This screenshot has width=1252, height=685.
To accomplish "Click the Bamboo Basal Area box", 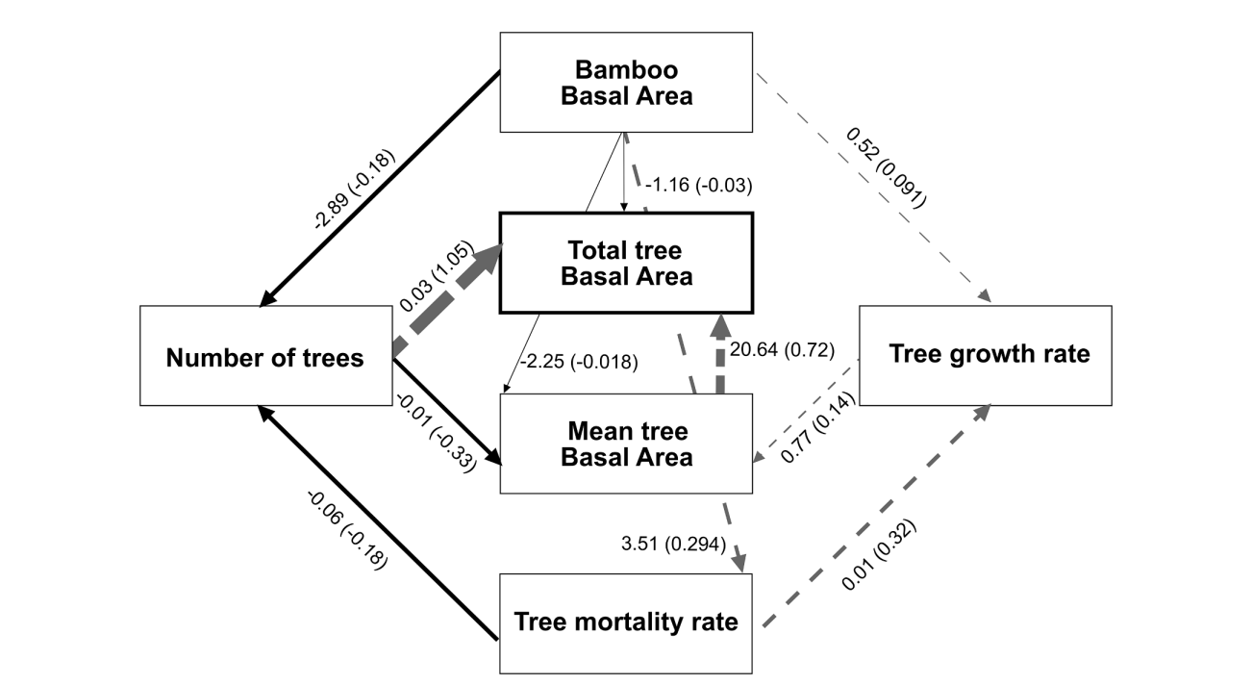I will click(x=625, y=83).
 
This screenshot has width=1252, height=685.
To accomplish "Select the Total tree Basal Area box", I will click(x=625, y=264).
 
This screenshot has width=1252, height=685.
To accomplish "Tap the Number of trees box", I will click(x=265, y=357).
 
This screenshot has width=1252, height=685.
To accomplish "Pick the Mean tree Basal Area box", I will click(x=625, y=443).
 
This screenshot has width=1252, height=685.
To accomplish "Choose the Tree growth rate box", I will click(x=986, y=354).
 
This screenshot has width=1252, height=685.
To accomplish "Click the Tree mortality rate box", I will click(x=625, y=622).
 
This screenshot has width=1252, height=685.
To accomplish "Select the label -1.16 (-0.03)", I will click(x=698, y=184).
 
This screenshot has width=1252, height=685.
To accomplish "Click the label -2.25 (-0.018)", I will click(x=579, y=362).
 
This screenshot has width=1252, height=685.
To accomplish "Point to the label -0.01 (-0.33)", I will click(x=436, y=430).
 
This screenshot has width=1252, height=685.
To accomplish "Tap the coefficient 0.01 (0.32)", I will click(x=879, y=556).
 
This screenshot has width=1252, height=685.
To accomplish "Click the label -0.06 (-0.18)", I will click(x=346, y=530).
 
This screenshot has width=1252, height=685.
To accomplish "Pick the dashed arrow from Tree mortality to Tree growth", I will click(x=875, y=516).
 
